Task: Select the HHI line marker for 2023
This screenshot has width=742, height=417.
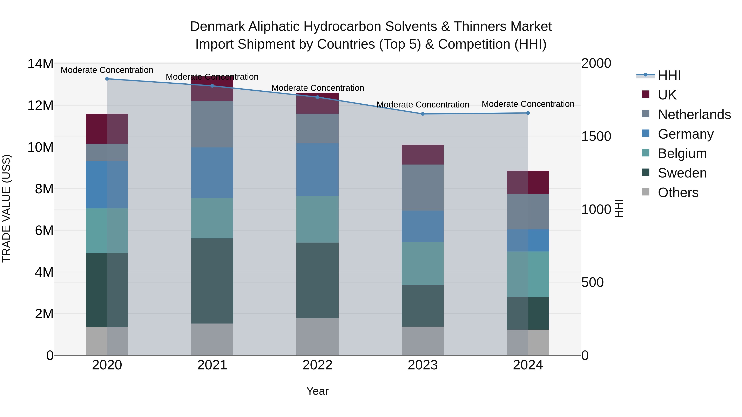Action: pyautogui.click(x=423, y=114)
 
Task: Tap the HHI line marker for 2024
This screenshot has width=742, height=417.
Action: pyautogui.click(x=528, y=113)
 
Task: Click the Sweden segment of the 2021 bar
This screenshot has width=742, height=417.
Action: pyautogui.click(x=212, y=281)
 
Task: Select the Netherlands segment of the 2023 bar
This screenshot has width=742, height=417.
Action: pyautogui.click(x=423, y=187)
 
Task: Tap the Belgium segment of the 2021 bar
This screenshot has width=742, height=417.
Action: pyautogui.click(x=212, y=218)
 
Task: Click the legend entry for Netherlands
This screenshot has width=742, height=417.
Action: pyautogui.click(x=694, y=114)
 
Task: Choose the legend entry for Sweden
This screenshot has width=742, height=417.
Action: pyautogui.click(x=682, y=173)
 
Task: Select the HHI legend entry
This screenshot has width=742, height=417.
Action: pyautogui.click(x=669, y=75)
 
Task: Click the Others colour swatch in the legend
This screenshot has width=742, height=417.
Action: pyautogui.click(x=646, y=192)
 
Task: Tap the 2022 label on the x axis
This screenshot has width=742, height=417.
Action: pyautogui.click(x=317, y=365)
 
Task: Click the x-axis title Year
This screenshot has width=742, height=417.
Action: pyautogui.click(x=317, y=391)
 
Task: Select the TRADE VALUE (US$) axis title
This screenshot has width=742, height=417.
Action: pyautogui.click(x=6, y=208)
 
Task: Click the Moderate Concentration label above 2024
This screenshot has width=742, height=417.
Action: pyautogui.click(x=528, y=104)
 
